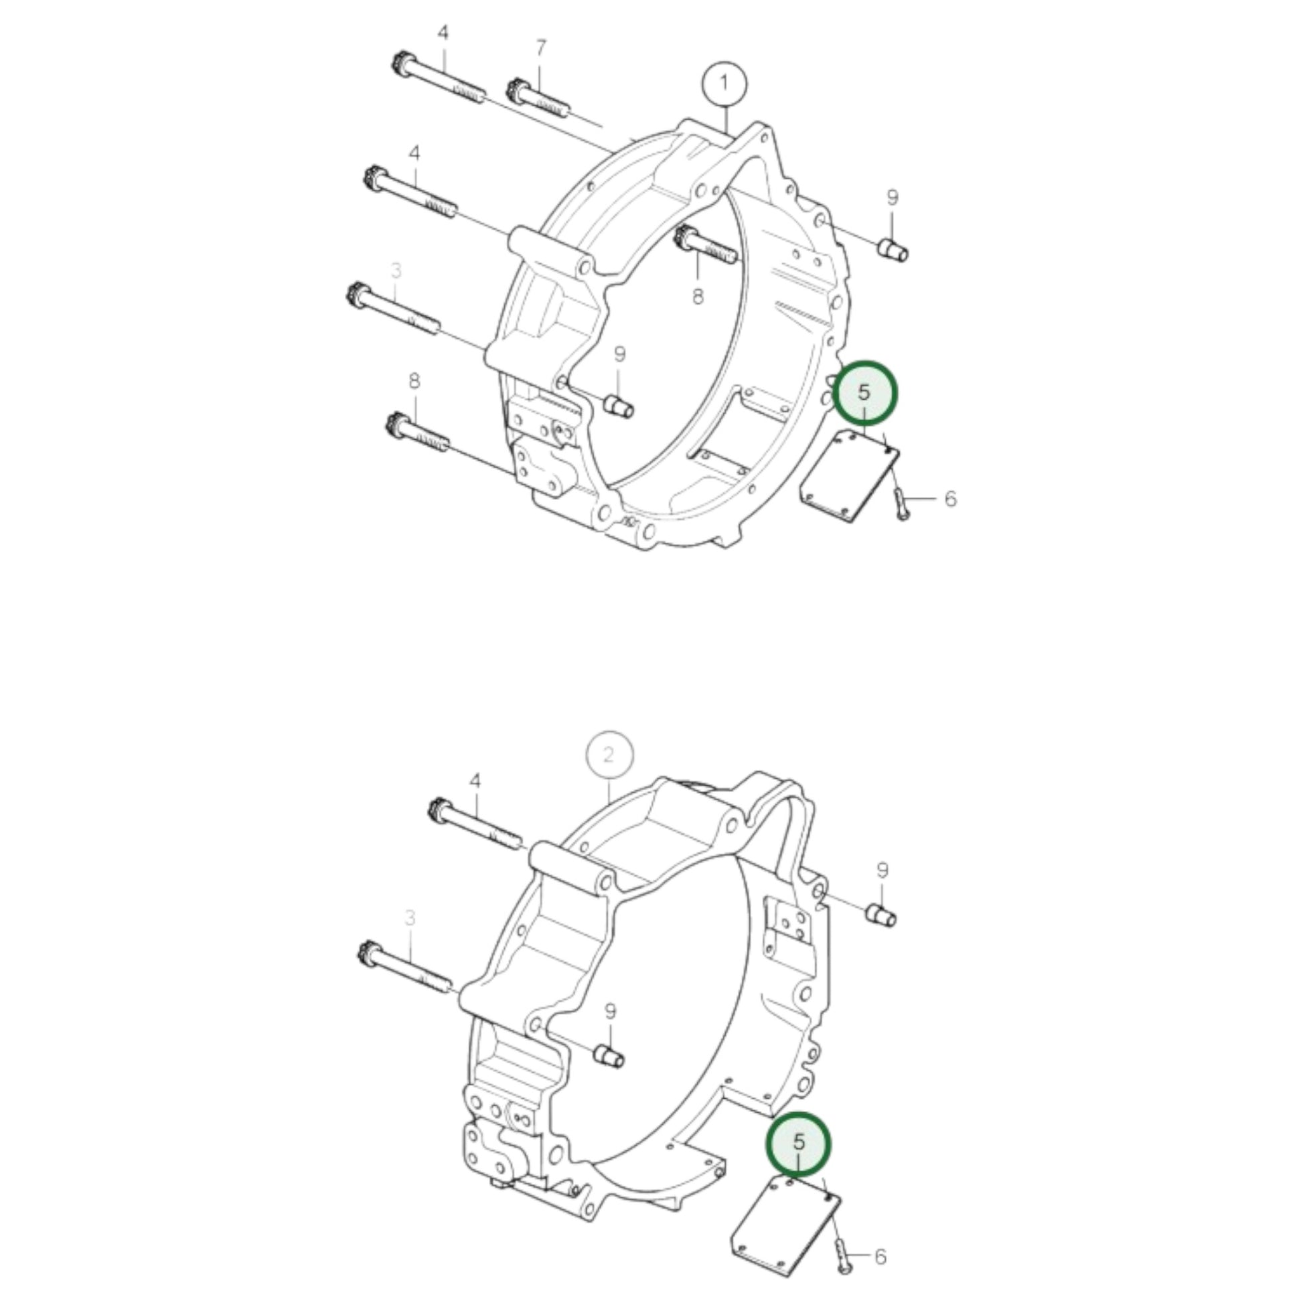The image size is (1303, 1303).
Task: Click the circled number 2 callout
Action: point(610,755)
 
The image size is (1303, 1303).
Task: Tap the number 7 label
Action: point(541,49)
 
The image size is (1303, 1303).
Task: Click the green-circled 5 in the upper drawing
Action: point(865,393)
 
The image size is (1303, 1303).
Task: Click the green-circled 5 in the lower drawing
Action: point(799,1142)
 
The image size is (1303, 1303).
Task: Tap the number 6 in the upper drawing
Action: point(950,499)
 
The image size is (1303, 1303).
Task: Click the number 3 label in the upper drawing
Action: point(396,271)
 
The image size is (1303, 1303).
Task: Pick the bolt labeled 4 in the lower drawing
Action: point(475,824)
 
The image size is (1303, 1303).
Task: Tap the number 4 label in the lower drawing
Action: point(475,781)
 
